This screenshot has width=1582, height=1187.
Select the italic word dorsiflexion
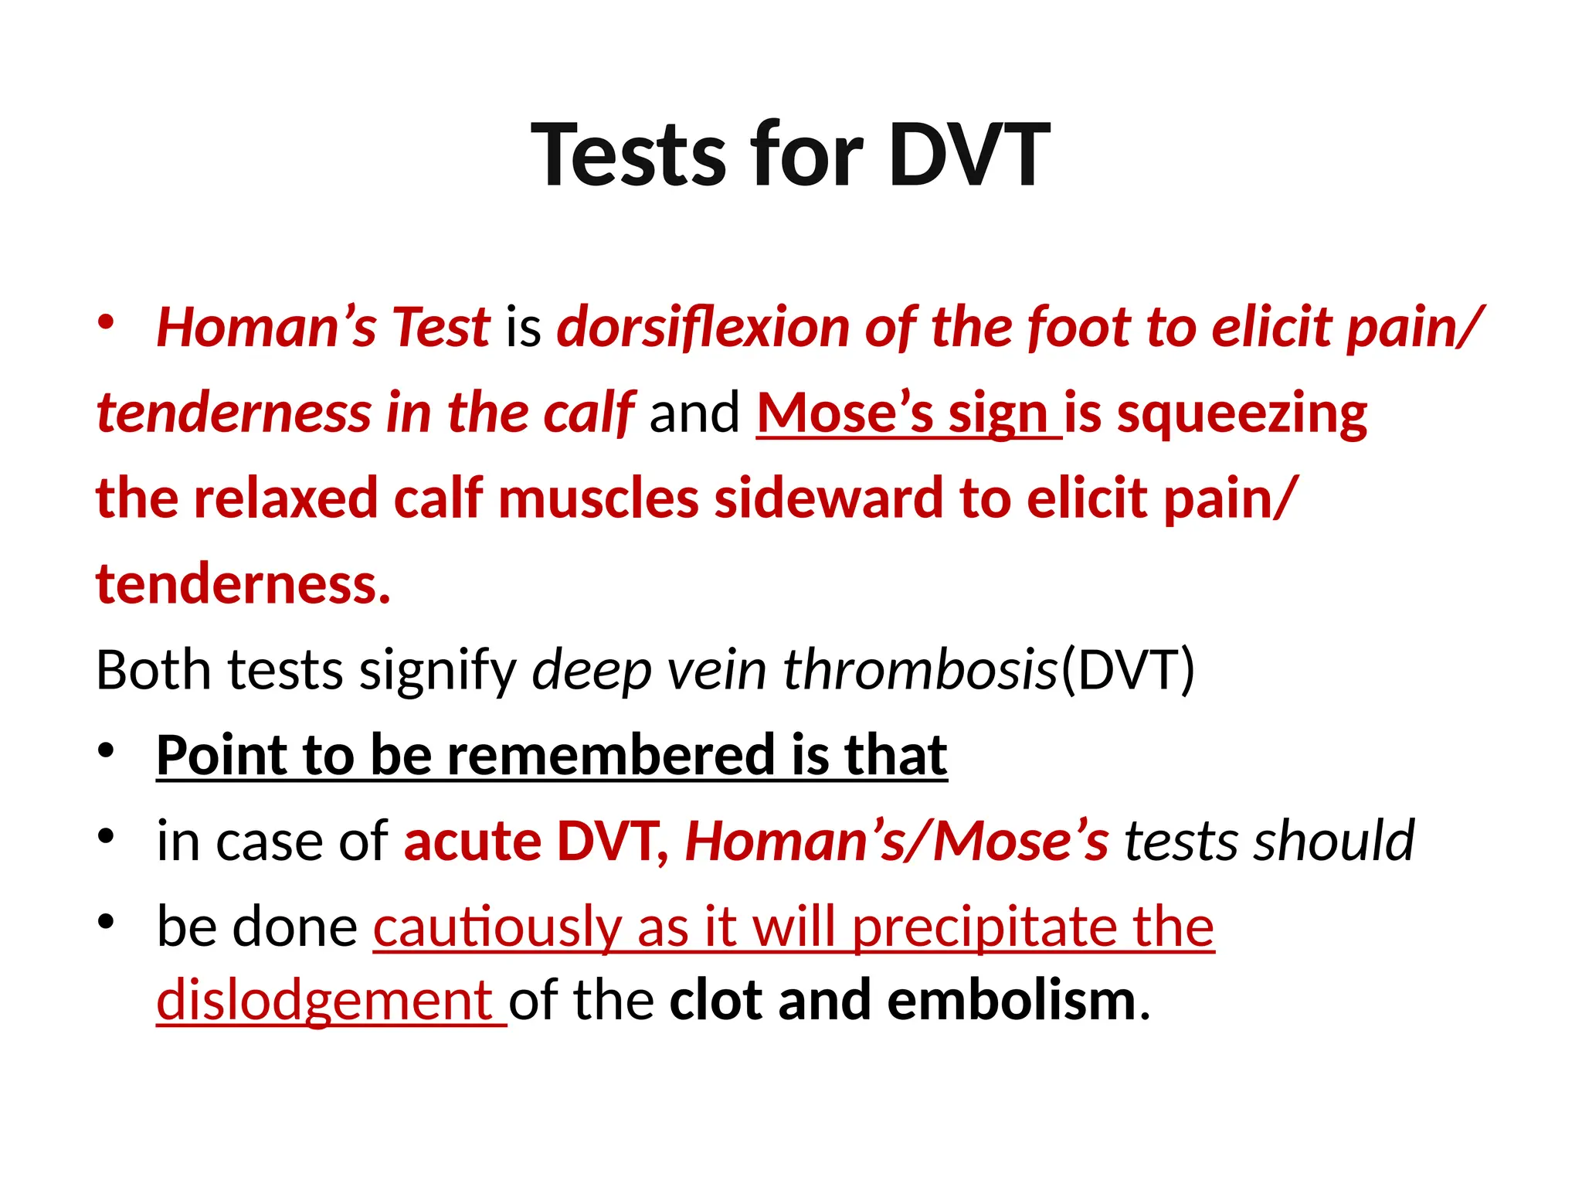[x=703, y=328]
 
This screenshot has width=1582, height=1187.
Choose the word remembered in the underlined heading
[x=611, y=755]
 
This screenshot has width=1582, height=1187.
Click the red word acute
[x=471, y=841]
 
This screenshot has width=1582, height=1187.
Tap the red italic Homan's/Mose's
[x=897, y=841]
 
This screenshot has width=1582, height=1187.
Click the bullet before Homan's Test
[x=107, y=322]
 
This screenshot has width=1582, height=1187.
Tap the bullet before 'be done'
[x=107, y=921]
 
